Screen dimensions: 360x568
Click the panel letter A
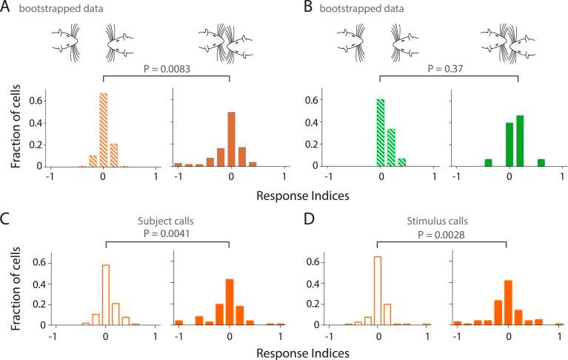click(x=7, y=8)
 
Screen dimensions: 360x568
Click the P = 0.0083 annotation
click(x=166, y=69)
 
